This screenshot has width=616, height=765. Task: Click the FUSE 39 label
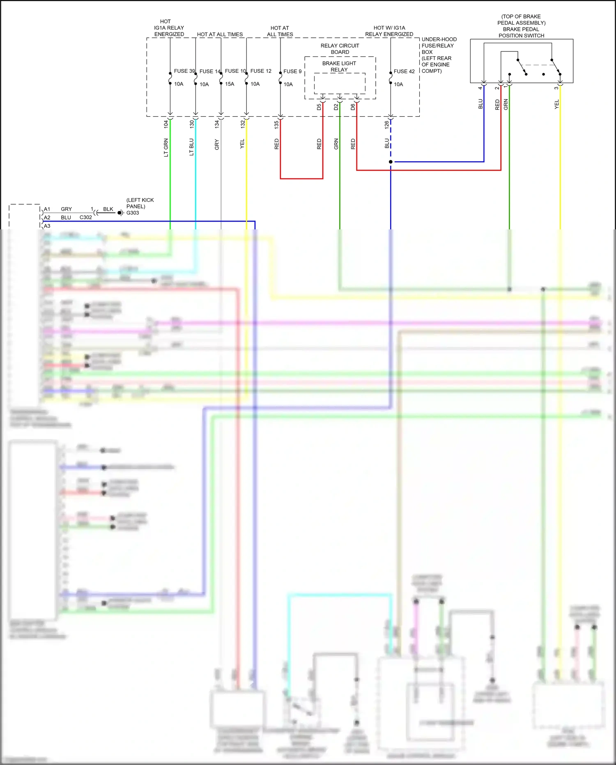(x=184, y=71)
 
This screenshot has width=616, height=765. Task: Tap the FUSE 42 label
(x=404, y=72)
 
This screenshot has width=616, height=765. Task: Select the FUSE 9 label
(x=292, y=72)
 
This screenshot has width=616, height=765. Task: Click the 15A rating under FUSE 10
(x=230, y=84)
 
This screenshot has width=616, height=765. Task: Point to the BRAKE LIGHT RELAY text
(x=339, y=67)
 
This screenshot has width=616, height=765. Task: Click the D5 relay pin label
(x=319, y=107)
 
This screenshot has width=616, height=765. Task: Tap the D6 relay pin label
(x=353, y=107)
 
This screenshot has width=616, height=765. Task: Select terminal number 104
(x=166, y=124)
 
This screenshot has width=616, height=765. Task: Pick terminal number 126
(x=386, y=125)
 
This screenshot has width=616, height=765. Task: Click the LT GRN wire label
(x=166, y=148)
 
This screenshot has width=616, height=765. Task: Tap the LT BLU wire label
(x=191, y=147)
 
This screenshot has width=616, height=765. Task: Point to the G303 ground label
(x=133, y=213)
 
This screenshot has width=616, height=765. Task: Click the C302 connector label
(x=85, y=217)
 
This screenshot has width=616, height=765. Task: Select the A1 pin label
(x=47, y=209)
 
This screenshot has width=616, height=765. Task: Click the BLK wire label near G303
(x=108, y=209)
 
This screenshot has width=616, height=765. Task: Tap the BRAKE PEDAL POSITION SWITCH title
(x=521, y=32)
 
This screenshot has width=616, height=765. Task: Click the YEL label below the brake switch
(x=557, y=104)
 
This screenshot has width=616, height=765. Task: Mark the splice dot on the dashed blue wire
(x=391, y=162)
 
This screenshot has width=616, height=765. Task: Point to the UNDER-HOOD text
(x=439, y=39)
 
